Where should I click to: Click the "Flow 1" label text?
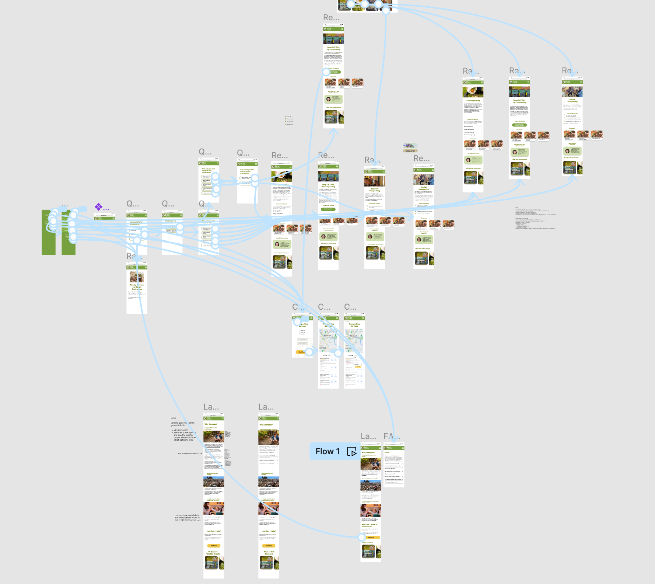tap(327, 451)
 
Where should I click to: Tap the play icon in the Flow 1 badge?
tap(352, 452)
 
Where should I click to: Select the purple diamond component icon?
tap(98, 206)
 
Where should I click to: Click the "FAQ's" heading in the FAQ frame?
tap(387, 452)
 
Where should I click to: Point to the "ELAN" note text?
tap(173, 418)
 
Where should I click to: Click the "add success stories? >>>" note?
tap(190, 453)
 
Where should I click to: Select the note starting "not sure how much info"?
tap(188, 518)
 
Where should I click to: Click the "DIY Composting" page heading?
tap(473, 100)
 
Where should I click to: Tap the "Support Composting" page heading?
tap(375, 190)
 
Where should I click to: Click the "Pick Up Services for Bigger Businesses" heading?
tap(137, 287)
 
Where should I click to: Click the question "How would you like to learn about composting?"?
tap(247, 171)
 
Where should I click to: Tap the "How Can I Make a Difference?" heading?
tap(369, 525)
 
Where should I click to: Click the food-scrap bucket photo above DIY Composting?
tap(473, 92)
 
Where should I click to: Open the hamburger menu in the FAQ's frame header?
tap(403, 448)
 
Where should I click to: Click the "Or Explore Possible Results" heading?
tap(214, 553)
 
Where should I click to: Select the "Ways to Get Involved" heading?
tap(269, 553)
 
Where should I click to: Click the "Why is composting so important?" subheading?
tap(269, 429)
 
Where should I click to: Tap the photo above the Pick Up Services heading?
tap(137, 277)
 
